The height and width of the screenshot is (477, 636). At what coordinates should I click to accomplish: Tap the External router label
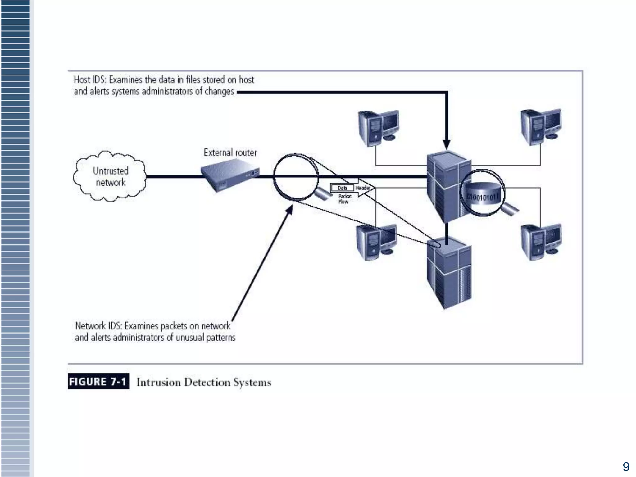pyautogui.click(x=230, y=152)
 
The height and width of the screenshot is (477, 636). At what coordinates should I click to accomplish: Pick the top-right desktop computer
pyautogui.click(x=541, y=127)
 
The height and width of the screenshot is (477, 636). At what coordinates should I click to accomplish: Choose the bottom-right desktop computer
pyautogui.click(x=541, y=242)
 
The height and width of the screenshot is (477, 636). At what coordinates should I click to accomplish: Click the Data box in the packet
pyautogui.click(x=342, y=188)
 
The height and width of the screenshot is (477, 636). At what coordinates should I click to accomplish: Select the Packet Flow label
pyautogui.click(x=344, y=199)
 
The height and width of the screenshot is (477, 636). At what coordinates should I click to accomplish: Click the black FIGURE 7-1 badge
pyautogui.click(x=98, y=381)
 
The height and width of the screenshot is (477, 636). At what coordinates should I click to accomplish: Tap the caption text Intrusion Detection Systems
pyautogui.click(x=204, y=382)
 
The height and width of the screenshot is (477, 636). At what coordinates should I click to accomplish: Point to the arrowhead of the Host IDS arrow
pyautogui.click(x=447, y=145)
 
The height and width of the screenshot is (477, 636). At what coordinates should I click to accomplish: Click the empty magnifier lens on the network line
pyautogui.click(x=296, y=176)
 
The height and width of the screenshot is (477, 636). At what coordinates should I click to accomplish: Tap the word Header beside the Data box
pyautogui.click(x=362, y=188)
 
